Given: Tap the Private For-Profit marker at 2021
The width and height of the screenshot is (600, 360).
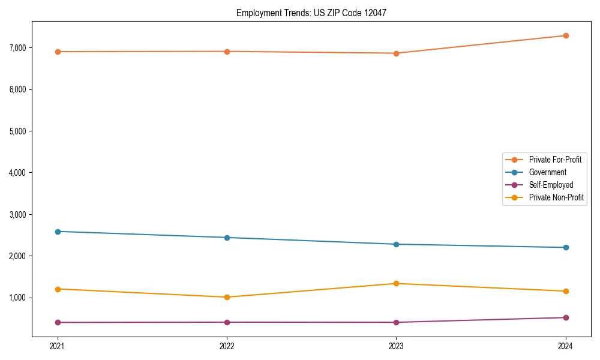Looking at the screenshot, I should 58,52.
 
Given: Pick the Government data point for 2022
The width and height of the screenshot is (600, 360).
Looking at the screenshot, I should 227,238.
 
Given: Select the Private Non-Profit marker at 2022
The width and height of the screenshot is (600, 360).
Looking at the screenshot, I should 227,297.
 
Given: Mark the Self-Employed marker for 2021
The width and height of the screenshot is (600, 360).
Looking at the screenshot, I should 58,322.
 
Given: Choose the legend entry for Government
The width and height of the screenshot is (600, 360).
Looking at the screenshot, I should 547,172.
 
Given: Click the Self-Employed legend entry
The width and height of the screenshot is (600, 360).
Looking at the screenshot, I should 551,185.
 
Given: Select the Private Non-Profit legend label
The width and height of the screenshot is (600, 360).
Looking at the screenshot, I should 556,197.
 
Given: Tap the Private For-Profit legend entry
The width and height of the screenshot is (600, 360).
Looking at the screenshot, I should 555,160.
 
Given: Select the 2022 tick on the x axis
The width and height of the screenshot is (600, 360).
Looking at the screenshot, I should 227,346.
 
